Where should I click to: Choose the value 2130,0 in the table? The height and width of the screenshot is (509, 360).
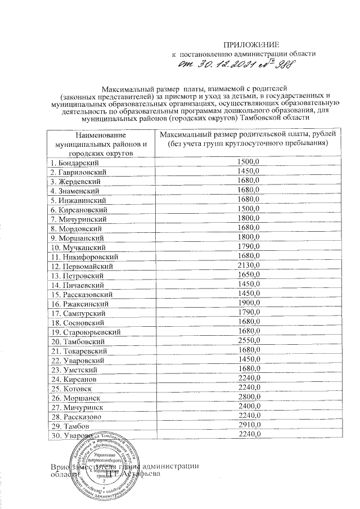pos(247,265)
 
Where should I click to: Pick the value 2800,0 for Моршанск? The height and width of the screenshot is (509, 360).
pos(247,398)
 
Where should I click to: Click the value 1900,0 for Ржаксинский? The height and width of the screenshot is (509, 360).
pos(247,303)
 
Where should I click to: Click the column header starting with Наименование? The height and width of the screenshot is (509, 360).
pos(99,143)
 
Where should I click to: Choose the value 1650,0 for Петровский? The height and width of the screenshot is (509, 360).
pos(247,275)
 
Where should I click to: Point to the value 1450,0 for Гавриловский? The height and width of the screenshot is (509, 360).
pos(247,171)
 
